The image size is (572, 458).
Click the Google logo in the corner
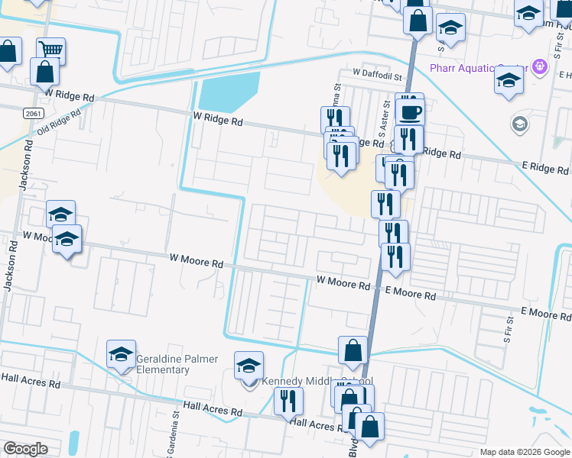pos(26,449)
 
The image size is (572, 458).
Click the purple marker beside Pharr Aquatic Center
pos(540,66)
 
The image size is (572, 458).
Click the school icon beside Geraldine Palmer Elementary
pos(121,354)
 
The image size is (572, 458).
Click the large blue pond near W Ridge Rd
pos(229,94)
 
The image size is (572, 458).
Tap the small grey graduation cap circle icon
pos(519,124)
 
